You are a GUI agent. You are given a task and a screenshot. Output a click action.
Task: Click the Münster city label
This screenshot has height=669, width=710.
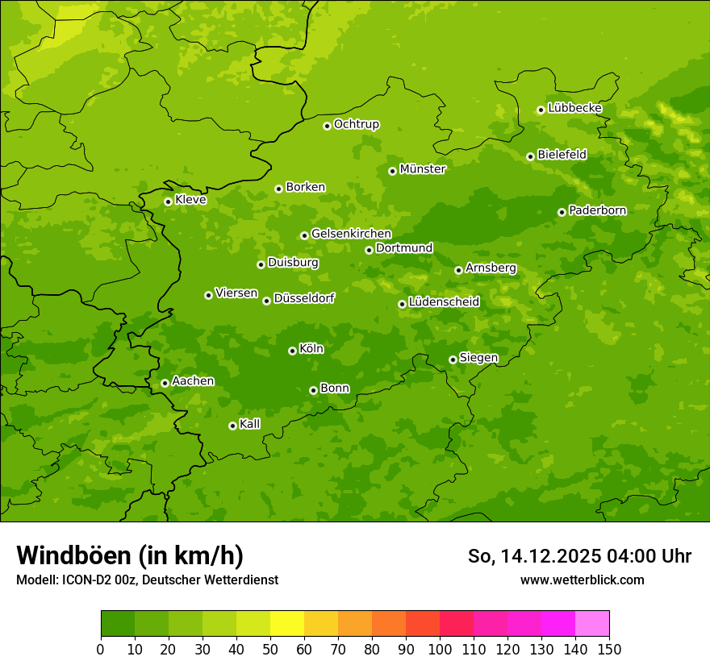pos(422,169)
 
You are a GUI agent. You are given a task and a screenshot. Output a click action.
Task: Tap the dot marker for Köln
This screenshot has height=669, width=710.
pos(292,351)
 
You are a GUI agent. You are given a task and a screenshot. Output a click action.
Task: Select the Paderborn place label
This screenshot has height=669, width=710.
pos(597,210)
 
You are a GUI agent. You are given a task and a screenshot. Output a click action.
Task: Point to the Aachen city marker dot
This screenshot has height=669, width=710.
pos(165,383)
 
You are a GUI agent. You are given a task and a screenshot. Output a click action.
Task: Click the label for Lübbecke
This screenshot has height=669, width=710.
pos(574,108)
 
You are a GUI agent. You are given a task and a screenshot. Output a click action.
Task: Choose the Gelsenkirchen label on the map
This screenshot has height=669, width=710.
pos(351,234)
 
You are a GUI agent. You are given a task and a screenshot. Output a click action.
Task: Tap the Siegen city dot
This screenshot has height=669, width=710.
pos(453,359)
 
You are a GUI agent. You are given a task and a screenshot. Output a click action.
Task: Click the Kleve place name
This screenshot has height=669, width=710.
pos(190,200)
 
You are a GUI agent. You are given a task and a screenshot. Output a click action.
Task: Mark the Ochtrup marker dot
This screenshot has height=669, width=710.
pos(327,126)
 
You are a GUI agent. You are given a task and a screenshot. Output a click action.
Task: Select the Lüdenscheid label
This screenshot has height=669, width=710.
pos(444,302)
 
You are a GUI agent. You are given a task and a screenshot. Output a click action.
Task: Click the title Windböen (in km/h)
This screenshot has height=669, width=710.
pos(130,555)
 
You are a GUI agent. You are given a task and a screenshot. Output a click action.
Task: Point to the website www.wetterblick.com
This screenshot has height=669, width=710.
pos(582,580)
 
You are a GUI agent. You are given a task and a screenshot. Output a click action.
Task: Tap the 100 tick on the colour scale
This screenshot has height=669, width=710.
pos(440,648)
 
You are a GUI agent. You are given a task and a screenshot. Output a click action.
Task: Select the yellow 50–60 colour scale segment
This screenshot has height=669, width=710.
pos(287,624)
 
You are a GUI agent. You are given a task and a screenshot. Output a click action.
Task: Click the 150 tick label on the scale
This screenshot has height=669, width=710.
pos(609,648)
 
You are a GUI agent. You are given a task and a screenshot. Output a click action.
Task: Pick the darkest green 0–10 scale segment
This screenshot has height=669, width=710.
pos(118,624)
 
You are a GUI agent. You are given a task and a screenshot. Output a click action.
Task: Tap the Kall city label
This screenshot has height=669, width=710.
pos(249,424)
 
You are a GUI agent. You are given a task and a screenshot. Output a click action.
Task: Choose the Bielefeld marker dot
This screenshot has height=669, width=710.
pos(530,156)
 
